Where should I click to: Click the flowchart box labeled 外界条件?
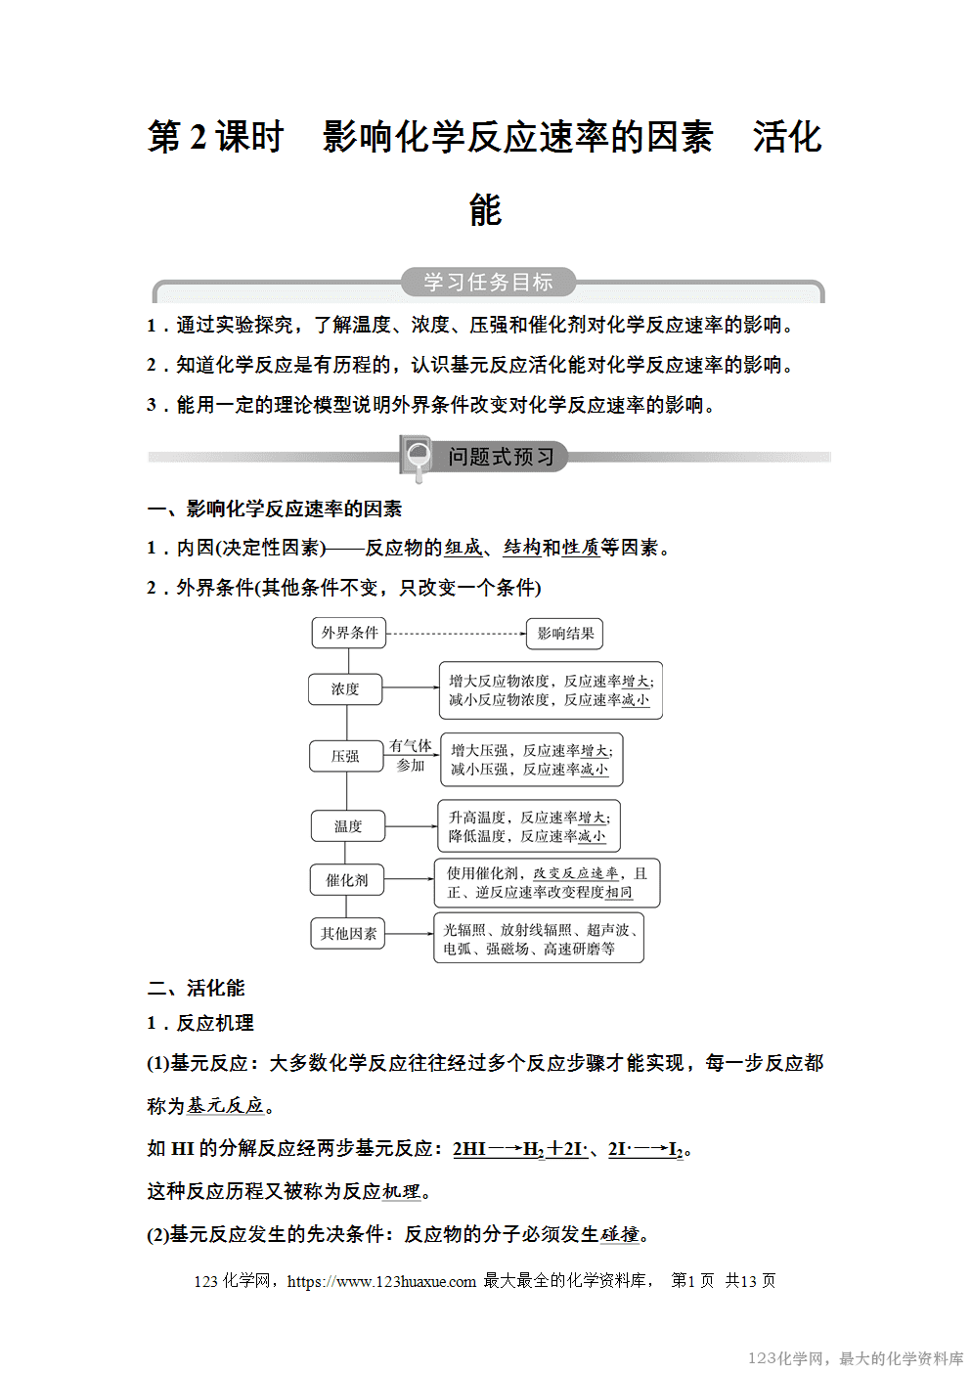(x=349, y=633)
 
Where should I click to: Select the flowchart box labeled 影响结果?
(x=564, y=634)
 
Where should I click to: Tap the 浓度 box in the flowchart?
(x=344, y=689)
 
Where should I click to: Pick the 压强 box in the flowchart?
(x=344, y=756)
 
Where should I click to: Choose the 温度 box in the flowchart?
(x=347, y=826)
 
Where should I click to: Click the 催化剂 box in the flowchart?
(x=346, y=880)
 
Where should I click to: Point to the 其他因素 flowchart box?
(x=348, y=934)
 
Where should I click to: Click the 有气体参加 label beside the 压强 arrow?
(x=411, y=755)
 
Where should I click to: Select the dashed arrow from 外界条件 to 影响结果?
(x=456, y=634)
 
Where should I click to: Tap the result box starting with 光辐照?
(x=539, y=939)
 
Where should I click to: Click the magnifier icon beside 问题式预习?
(x=418, y=456)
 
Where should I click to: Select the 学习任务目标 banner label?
(x=488, y=283)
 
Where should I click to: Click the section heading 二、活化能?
(x=196, y=988)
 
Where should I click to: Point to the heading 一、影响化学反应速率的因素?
(x=275, y=509)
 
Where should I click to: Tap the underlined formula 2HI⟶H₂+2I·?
(x=520, y=1149)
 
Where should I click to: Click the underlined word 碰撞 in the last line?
(x=620, y=1234)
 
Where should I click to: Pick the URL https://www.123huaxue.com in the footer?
(x=381, y=1281)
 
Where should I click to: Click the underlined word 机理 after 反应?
(x=401, y=1191)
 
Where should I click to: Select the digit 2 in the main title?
(x=199, y=137)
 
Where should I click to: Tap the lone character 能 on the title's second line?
(x=485, y=209)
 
